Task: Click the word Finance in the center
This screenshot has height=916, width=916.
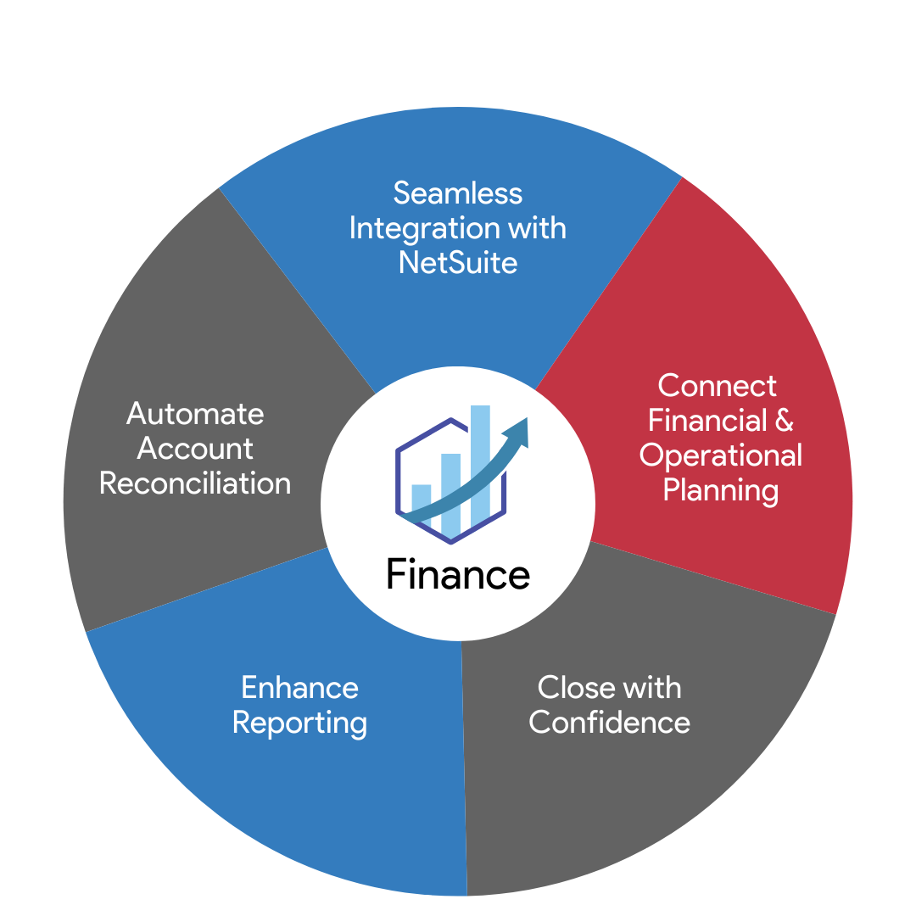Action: coord(458,574)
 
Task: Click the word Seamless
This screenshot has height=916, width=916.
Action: coord(458,193)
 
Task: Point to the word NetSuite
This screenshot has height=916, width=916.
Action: coord(458,262)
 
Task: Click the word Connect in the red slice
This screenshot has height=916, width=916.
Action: coord(717,386)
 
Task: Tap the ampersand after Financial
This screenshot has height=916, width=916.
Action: coord(785,421)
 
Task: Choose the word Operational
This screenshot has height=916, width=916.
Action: coord(721,455)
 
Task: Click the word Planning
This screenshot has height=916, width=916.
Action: coord(721,490)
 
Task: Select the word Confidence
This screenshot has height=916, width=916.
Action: coord(609,722)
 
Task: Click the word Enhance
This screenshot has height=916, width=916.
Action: coord(299,687)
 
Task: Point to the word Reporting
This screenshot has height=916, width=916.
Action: coord(299,723)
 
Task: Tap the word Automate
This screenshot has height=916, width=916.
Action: coord(195,414)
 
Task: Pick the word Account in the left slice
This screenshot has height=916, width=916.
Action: coord(195,449)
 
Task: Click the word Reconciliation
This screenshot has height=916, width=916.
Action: coord(195,483)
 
